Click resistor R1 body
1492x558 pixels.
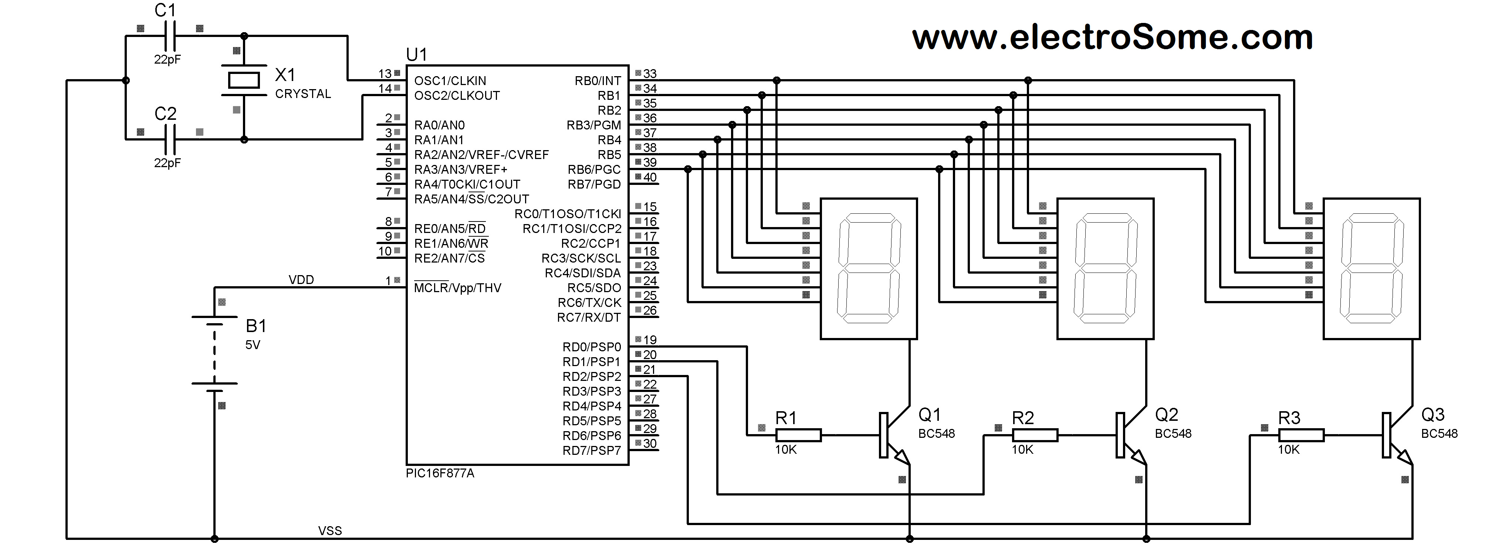click(x=798, y=435)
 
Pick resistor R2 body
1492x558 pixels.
click(x=1035, y=435)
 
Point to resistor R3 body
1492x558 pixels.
click(x=1301, y=435)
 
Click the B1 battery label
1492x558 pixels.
click(x=256, y=326)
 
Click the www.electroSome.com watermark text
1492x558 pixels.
click(x=1112, y=38)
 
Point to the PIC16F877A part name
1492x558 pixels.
click(x=440, y=473)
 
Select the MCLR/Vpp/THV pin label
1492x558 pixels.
click(x=457, y=288)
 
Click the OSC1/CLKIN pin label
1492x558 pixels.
click(x=450, y=81)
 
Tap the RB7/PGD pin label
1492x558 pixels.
click(x=594, y=184)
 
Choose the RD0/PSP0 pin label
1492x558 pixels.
click(x=591, y=347)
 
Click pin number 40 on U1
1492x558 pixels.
click(x=650, y=177)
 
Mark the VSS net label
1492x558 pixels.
click(x=329, y=531)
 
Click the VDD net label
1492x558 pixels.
click(x=301, y=280)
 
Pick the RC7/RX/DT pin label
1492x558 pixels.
click(x=588, y=318)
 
